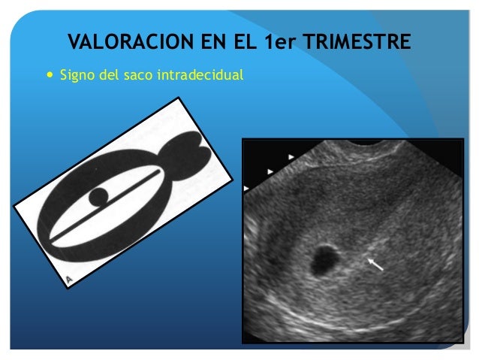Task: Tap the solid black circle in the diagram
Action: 98,198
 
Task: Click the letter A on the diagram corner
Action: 69,280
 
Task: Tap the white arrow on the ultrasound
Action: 375,263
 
